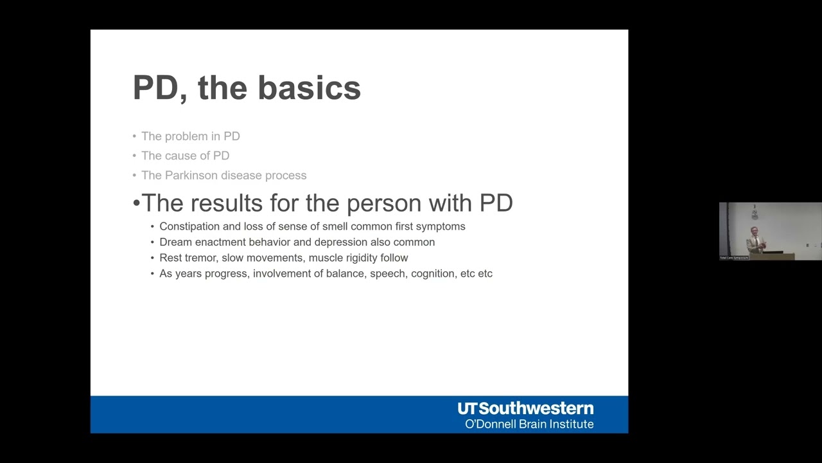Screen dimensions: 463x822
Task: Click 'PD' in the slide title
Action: [155, 88]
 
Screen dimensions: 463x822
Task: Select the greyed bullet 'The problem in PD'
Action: [190, 136]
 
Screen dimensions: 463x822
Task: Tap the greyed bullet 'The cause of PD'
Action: [185, 156]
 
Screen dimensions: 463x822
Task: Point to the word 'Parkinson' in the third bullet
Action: [192, 176]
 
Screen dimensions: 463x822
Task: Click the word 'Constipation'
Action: [189, 226]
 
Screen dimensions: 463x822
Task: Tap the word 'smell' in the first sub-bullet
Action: [335, 226]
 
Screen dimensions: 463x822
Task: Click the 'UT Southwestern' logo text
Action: [525, 408]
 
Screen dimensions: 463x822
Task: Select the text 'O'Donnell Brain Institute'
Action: [529, 424]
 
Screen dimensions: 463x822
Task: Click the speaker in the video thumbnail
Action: [755, 239]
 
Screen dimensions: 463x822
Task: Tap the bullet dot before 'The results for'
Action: [136, 204]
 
